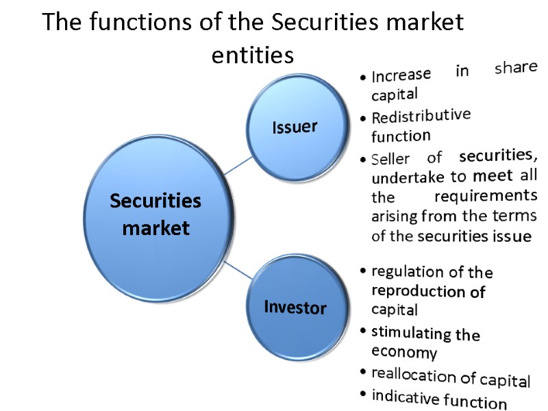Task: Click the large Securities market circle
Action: (x=155, y=214)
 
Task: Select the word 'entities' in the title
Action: (x=252, y=55)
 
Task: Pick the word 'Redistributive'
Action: (x=421, y=116)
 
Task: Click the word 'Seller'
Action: (x=390, y=158)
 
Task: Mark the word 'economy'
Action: (x=404, y=352)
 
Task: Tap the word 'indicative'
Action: (x=406, y=397)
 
